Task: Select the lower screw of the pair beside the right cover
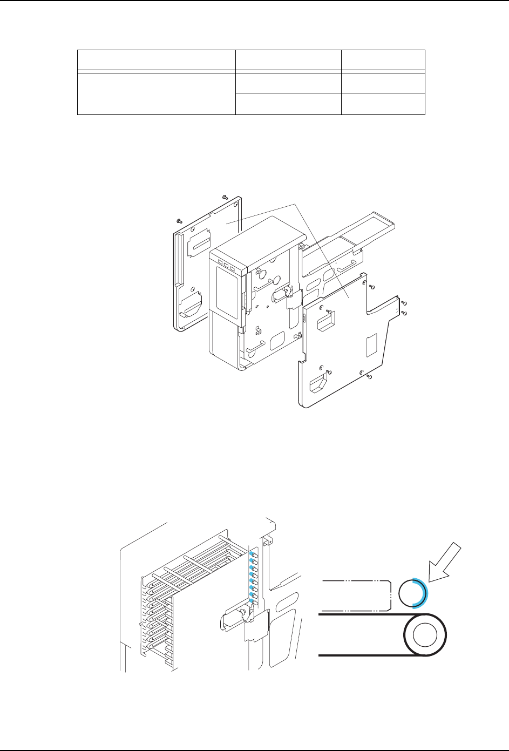pyautogui.click(x=404, y=313)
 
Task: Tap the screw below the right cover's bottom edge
pyautogui.click(x=368, y=377)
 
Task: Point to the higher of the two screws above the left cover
pyautogui.click(x=225, y=197)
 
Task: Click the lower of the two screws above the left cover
pyautogui.click(x=179, y=221)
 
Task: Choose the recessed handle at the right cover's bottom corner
pyautogui.click(x=318, y=384)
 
